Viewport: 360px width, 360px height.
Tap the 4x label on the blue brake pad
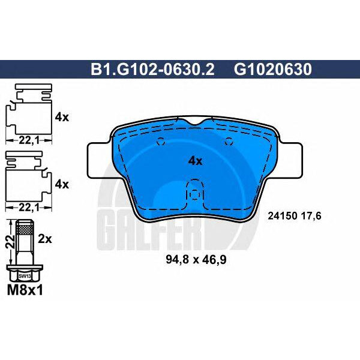[x=196, y=161]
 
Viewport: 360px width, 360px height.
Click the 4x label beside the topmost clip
[x=62, y=118]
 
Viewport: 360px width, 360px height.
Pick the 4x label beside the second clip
[x=62, y=184]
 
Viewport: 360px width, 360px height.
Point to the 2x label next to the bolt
[x=46, y=238]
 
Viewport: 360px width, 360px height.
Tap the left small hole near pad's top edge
[x=160, y=142]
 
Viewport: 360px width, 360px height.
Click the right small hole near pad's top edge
[x=229, y=142]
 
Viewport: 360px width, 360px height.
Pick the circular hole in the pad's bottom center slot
[x=194, y=194]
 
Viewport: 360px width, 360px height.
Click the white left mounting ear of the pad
[x=100, y=160]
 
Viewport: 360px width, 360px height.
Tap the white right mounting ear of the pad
[x=290, y=160]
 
